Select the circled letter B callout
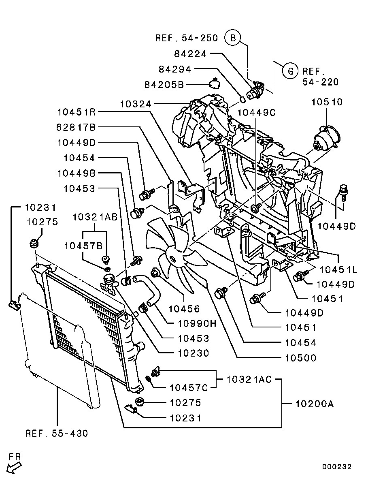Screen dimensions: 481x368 pyautogui.click(x=233, y=38)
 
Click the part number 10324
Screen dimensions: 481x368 pyautogui.click(x=136, y=104)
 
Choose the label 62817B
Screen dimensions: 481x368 pyautogui.click(x=77, y=127)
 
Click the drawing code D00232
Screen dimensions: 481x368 pyautogui.click(x=337, y=467)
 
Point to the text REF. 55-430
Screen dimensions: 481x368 pyautogui.click(x=57, y=433)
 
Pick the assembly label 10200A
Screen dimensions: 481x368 pyautogui.click(x=314, y=404)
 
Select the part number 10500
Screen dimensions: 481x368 pyautogui.click(x=301, y=358)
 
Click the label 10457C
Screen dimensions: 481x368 pyautogui.click(x=189, y=388)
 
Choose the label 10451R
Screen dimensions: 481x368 pyautogui.click(x=77, y=112)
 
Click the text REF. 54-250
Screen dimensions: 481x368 pyautogui.click(x=187, y=38)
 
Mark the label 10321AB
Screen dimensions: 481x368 pyautogui.click(x=95, y=217)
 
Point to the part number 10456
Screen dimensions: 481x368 pyautogui.click(x=185, y=309)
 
